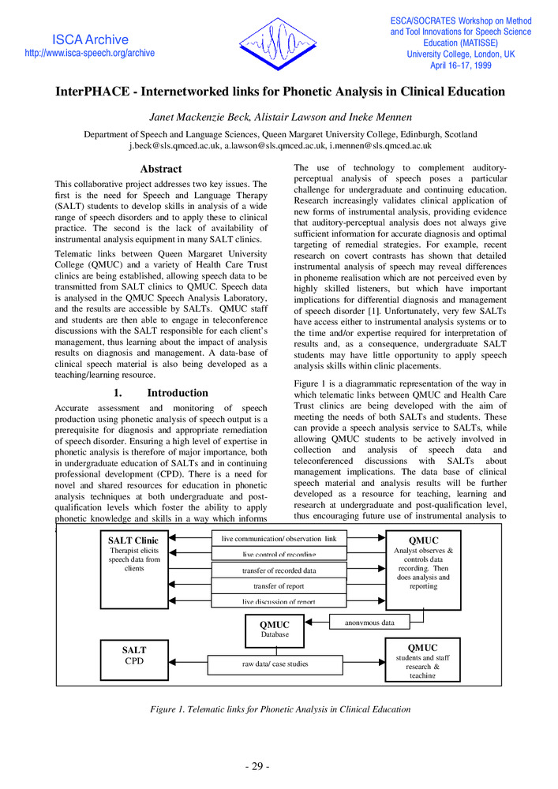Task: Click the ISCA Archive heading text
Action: click(x=90, y=39)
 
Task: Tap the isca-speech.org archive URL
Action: click(x=90, y=53)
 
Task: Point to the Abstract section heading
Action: click(x=160, y=169)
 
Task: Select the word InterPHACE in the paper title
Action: click(x=94, y=92)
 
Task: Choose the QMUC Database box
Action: click(x=274, y=628)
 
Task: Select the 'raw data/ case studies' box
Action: click(x=275, y=664)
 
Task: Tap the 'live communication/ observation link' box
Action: click(x=279, y=538)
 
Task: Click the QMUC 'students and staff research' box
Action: click(x=422, y=660)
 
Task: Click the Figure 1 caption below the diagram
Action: click(x=279, y=709)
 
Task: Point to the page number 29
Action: click(x=256, y=767)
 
